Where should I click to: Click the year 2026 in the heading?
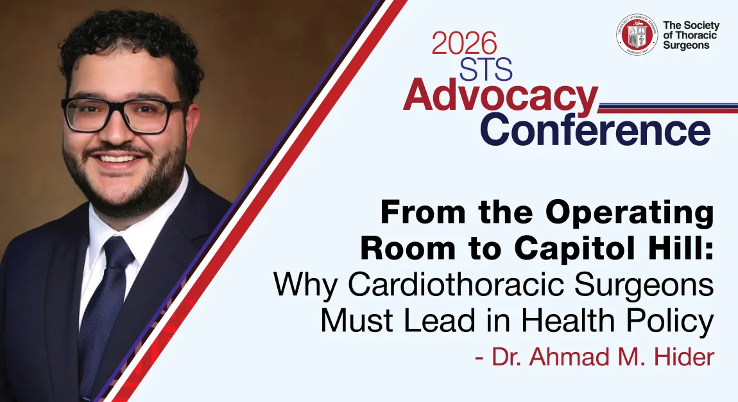(x=464, y=43)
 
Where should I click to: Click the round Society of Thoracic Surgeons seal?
(x=638, y=35)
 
